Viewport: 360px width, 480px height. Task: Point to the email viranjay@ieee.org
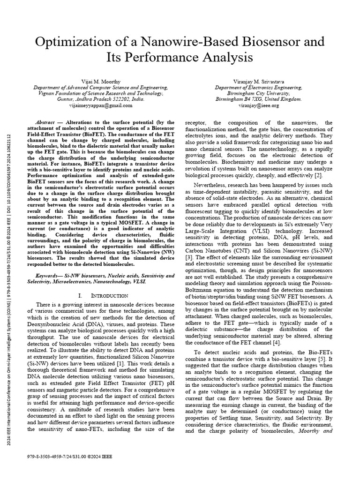click(258, 105)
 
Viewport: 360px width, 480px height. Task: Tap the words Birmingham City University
click(258, 93)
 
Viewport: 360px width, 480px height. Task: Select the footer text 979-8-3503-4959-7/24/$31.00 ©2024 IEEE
click(70, 456)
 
